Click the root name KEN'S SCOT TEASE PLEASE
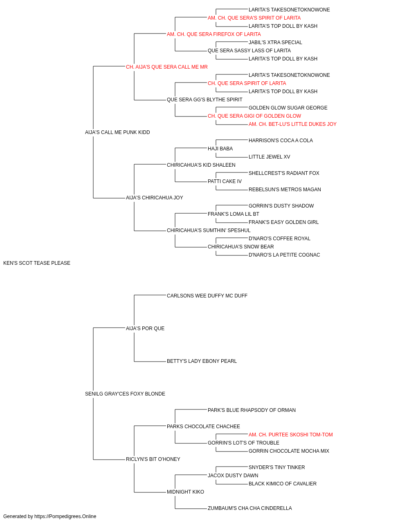(37, 263)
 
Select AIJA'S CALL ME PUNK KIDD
(117, 132)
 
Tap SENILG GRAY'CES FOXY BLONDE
(125, 394)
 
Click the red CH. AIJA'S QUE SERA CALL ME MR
(167, 67)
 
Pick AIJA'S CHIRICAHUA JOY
(155, 198)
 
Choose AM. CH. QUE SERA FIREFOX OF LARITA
(213, 34)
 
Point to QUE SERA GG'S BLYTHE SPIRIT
(204, 100)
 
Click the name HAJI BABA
(220, 149)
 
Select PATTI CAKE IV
(225, 181)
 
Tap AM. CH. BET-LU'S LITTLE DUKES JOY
(292, 124)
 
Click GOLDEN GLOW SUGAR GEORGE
(288, 108)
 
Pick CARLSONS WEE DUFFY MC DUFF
(207, 296)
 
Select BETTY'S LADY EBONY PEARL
(202, 361)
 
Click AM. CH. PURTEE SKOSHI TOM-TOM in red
(290, 435)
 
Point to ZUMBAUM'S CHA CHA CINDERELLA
(249, 508)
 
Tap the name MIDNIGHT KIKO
(185, 492)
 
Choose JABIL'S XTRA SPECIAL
(275, 42)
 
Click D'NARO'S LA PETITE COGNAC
(284, 255)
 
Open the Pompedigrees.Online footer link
(65, 516)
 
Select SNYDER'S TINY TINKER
(276, 467)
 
